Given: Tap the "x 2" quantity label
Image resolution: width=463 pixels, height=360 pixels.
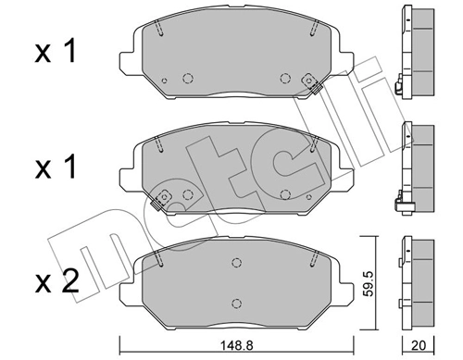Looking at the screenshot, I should point(56,279).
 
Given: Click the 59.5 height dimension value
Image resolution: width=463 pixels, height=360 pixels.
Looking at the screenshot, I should point(369,279).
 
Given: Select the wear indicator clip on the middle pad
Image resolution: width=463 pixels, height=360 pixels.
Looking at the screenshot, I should point(165,197).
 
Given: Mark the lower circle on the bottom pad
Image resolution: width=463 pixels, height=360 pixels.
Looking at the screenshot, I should point(237,304).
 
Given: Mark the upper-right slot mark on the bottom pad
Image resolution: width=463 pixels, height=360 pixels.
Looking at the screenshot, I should point(314,259).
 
